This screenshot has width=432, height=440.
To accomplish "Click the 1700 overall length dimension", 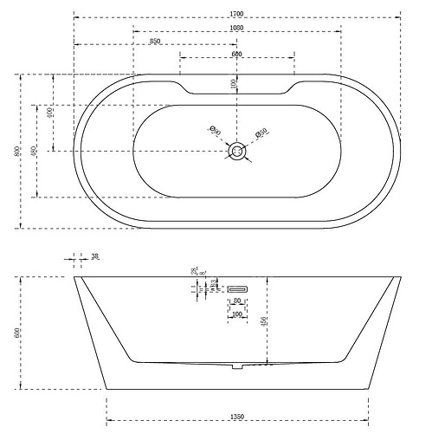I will tap(237, 12).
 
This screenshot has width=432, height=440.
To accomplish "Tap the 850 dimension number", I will tap(155, 41).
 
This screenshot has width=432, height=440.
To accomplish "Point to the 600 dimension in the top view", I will tap(236, 55).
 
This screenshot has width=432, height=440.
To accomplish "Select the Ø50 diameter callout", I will tap(262, 134).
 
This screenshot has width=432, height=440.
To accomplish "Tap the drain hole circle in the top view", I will tap(237, 152).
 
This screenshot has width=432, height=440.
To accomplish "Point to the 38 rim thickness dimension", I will tap(95, 257).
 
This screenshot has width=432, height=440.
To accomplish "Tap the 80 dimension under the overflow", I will tap(237, 301).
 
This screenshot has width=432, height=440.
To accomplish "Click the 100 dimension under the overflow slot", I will tap(237, 314).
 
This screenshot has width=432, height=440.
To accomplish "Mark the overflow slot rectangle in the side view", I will tap(237, 288).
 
